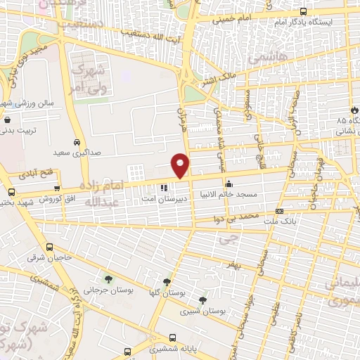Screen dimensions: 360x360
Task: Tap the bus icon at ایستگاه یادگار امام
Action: [x=303, y=11]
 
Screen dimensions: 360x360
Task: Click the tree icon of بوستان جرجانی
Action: [x=108, y=279]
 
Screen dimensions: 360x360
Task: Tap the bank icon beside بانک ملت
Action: [x=280, y=211]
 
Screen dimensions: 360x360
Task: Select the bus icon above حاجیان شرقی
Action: [x=49, y=247]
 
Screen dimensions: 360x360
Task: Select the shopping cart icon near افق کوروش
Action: [x=11, y=192]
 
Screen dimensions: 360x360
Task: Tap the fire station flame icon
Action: [x=354, y=110]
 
